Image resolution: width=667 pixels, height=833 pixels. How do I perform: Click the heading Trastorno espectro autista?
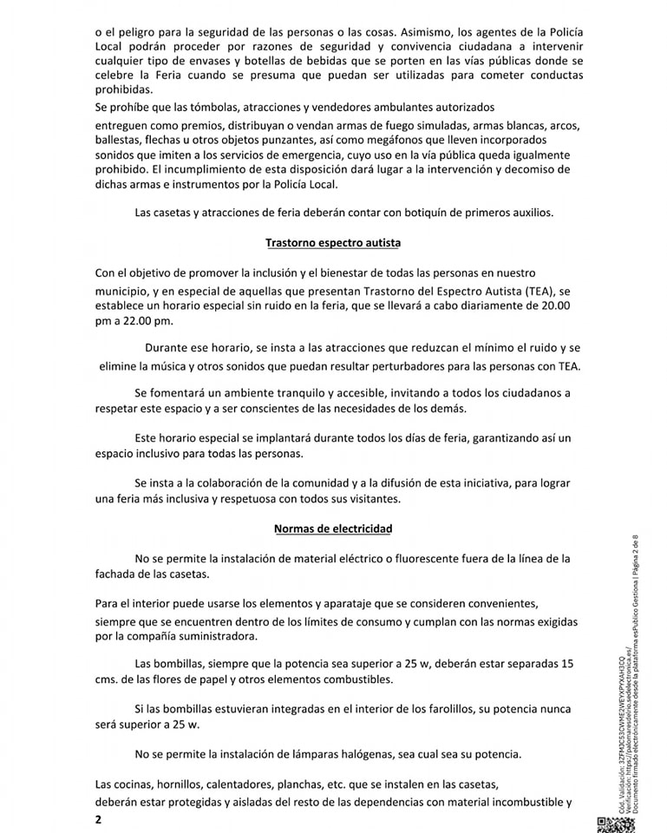click(x=333, y=243)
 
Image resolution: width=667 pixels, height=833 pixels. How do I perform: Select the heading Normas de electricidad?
click(x=333, y=528)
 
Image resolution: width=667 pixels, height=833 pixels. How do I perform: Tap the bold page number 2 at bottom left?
click(x=98, y=819)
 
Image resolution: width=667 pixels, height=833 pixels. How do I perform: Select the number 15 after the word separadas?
click(x=565, y=664)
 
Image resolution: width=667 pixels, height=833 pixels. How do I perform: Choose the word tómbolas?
click(x=205, y=108)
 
